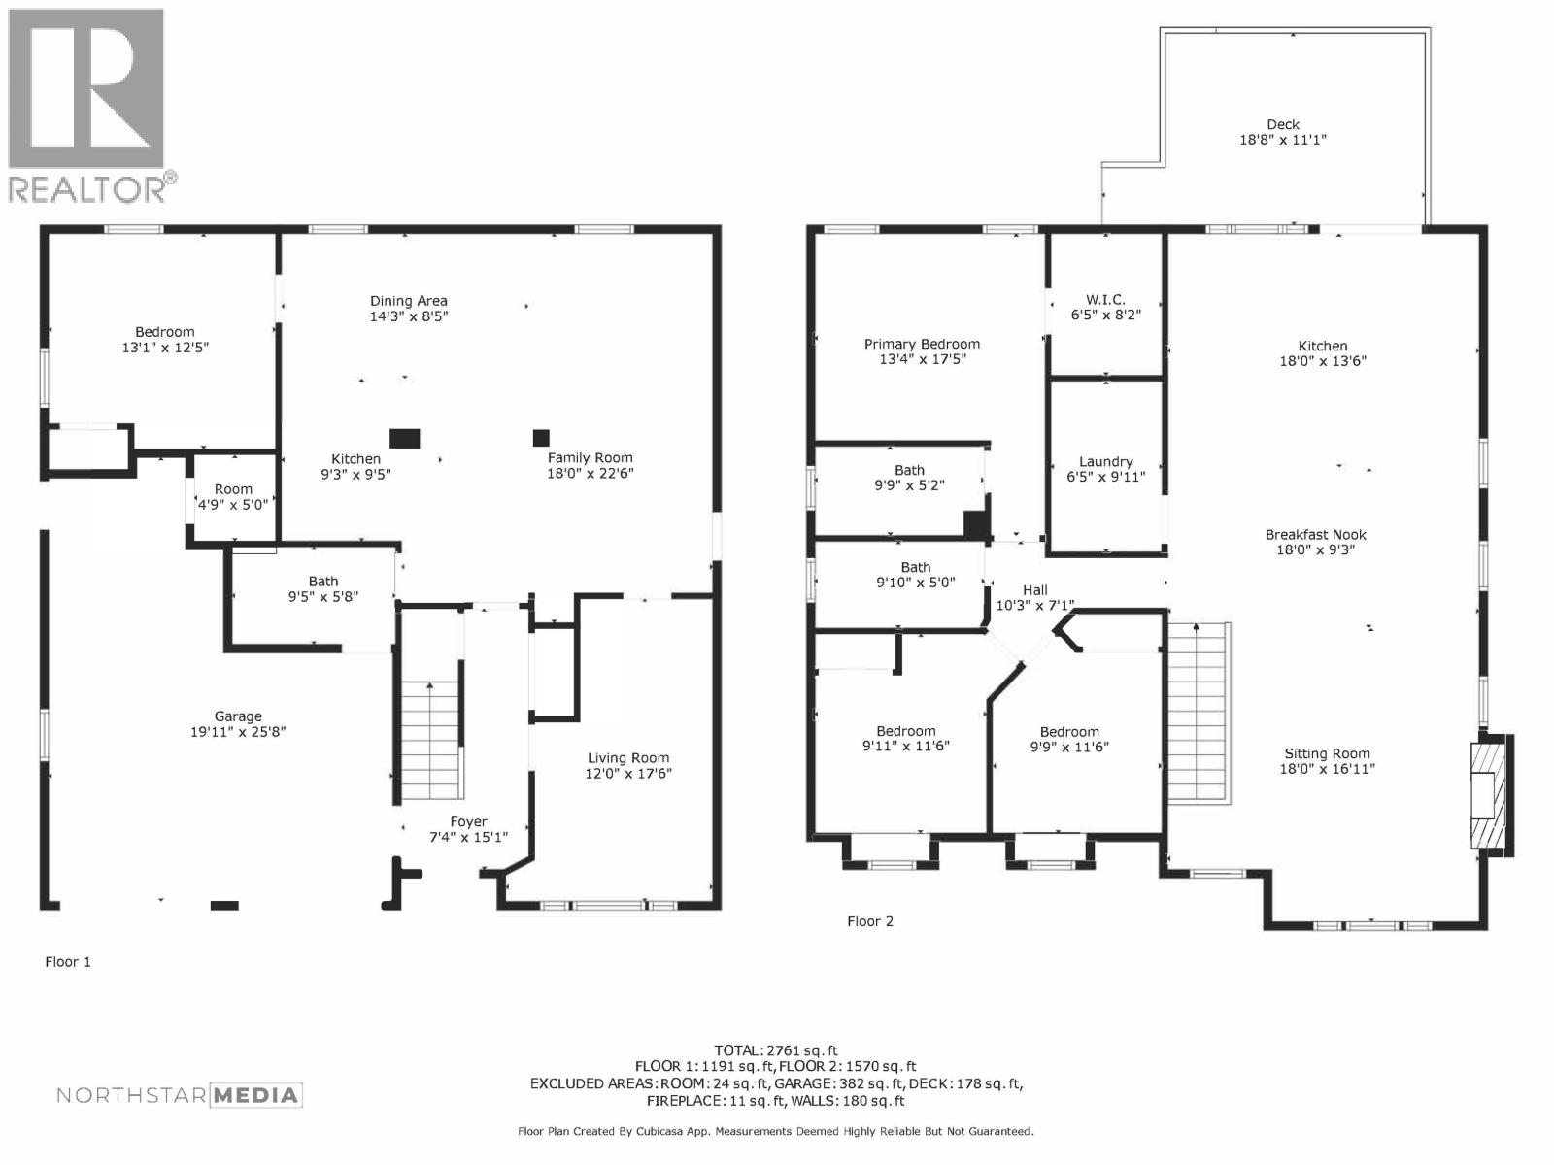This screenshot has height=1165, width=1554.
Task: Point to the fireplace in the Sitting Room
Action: click(x=1486, y=794)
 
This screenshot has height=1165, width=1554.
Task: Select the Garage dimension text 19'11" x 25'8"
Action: click(x=238, y=733)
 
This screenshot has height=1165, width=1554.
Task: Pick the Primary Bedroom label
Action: click(x=922, y=344)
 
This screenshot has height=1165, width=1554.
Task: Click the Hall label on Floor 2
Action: click(x=1034, y=590)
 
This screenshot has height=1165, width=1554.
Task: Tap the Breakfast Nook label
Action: click(x=1315, y=535)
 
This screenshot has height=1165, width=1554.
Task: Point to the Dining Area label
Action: click(x=408, y=301)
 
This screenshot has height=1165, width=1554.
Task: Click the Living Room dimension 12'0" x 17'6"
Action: click(x=627, y=774)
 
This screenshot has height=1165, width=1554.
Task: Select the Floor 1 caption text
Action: click(x=68, y=962)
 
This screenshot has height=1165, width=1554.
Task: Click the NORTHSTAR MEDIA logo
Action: click(x=180, y=1095)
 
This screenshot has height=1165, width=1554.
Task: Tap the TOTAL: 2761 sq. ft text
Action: click(x=775, y=1050)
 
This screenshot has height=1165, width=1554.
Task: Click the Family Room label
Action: click(x=590, y=458)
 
